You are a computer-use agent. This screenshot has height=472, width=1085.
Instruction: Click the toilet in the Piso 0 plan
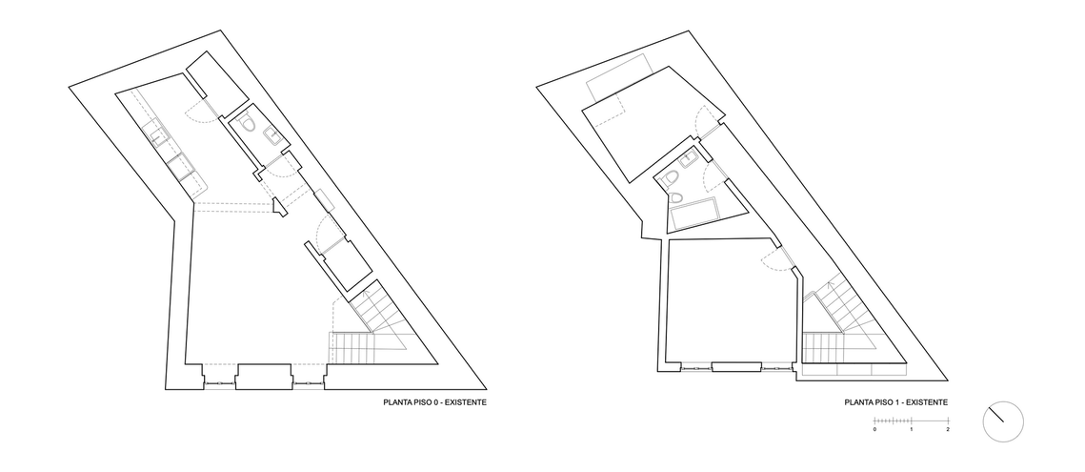coord(250,124)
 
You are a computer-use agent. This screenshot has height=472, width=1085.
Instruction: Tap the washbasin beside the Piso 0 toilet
coord(271,136)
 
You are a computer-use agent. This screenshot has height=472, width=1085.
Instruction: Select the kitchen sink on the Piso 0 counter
coord(158,133)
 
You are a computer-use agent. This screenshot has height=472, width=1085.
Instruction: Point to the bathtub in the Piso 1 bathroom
coord(694,215)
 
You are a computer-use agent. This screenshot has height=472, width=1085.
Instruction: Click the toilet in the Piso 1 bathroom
coord(670,179)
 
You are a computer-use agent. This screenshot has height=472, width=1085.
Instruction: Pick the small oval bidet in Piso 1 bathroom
coord(676,196)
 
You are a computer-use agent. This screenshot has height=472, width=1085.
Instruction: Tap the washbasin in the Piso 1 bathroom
coord(690,161)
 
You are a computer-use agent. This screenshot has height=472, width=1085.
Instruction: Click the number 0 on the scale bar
coord(874,430)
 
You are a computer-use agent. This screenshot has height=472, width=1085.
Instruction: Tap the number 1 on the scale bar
coord(912,430)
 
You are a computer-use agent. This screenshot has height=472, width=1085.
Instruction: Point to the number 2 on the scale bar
coord(948,430)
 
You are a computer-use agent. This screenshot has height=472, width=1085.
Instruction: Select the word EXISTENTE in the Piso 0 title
coord(465,402)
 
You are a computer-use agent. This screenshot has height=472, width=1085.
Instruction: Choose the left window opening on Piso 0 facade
coord(221,382)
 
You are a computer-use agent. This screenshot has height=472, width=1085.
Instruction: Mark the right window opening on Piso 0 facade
coord(309,382)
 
